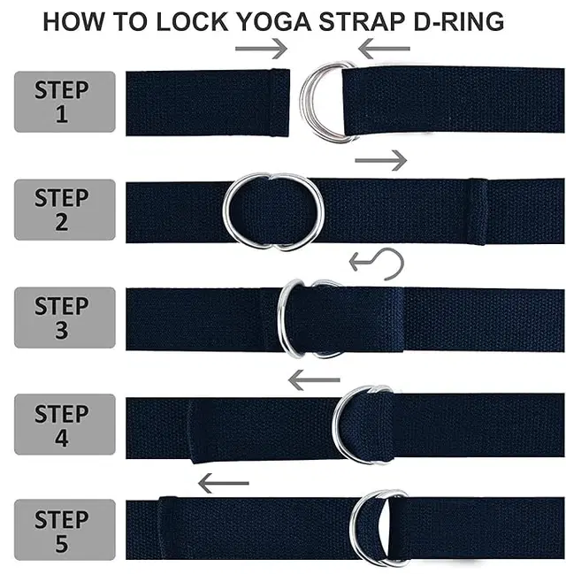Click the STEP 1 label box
[65, 102]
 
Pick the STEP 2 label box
[65, 210]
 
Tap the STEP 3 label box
[65, 318]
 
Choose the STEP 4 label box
[65, 425]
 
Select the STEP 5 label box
[65, 530]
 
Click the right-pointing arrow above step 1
[261, 49]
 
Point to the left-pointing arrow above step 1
[384, 49]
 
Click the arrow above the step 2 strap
[381, 160]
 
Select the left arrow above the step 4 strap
[314, 380]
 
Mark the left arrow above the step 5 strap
[224, 483]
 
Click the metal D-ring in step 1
[303, 103]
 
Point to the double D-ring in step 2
[224, 210]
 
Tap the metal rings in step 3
[282, 318]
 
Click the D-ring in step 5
[352, 527]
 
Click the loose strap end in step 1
[208, 103]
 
